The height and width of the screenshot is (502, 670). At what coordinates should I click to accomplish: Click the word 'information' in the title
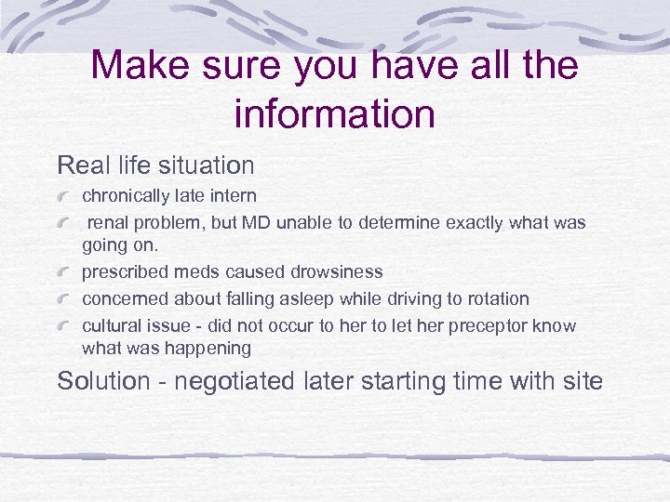[x=335, y=113]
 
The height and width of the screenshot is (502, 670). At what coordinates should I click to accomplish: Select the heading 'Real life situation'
[x=155, y=165]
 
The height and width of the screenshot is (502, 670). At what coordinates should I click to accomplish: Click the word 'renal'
[x=109, y=223]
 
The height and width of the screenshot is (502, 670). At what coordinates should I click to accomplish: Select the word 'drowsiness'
[x=336, y=272]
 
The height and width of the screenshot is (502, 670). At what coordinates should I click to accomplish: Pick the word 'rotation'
[x=496, y=299]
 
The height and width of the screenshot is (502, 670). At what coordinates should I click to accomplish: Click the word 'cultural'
[x=110, y=326]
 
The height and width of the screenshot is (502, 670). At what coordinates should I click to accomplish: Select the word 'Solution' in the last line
[x=103, y=381]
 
